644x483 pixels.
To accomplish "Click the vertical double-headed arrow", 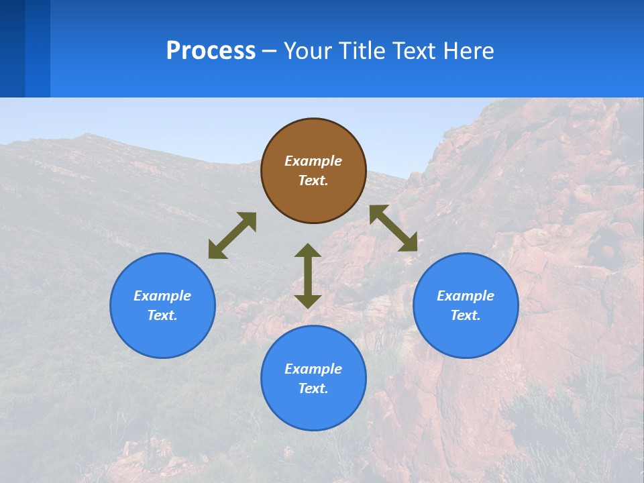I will point(308,276).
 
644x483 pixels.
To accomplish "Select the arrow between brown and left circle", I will point(232,235).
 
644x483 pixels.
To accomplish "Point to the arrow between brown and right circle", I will point(393,228).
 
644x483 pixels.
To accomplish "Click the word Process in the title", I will point(211,51).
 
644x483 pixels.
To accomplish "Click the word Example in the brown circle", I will point(313,161).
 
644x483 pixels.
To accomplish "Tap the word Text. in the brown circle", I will point(313,180).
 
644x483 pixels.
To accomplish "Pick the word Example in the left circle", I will point(162,296).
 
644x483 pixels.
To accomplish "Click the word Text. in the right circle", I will point(466,315).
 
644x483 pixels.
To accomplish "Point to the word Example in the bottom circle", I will point(313,369).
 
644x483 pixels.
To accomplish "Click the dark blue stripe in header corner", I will point(12,48).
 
